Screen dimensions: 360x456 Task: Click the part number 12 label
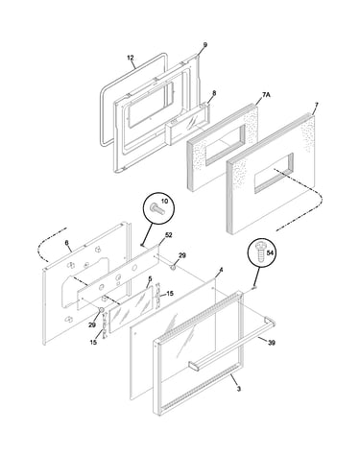pos(131,58)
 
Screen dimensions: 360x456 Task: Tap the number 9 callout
pos(205,45)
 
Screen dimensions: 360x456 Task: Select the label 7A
pos(266,95)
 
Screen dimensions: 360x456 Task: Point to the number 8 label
pos(214,93)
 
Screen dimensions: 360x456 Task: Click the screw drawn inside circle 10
pos(156,209)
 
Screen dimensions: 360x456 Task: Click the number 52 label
pos(169,235)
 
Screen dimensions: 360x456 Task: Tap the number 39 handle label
pos(272,343)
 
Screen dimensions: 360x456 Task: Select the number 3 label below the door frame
pos(239,389)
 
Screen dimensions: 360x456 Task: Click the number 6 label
pos(66,243)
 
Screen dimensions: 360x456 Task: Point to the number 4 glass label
pos(221,271)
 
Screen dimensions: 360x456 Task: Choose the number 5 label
pos(150,279)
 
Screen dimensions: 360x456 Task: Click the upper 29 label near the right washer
pos(182,255)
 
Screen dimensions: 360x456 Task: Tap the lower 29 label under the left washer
pos(92,324)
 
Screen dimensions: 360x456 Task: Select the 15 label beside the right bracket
pos(170,293)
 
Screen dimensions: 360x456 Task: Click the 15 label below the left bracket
pos(93,343)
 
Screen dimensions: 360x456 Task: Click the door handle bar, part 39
pos(232,347)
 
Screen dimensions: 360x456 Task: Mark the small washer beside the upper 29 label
pos(173,266)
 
